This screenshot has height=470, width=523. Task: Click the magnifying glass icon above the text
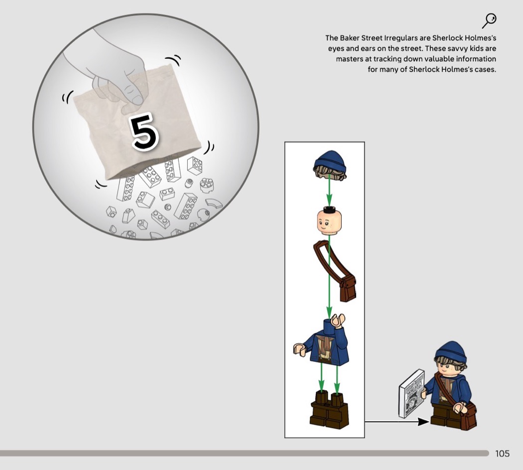click(489, 21)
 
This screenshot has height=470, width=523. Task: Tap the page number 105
click(502, 454)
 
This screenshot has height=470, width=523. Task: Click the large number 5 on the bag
click(144, 131)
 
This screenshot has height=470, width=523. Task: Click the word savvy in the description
click(458, 48)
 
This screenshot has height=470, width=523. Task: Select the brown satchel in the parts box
click(335, 270)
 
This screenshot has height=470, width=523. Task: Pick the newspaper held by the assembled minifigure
click(412, 394)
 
